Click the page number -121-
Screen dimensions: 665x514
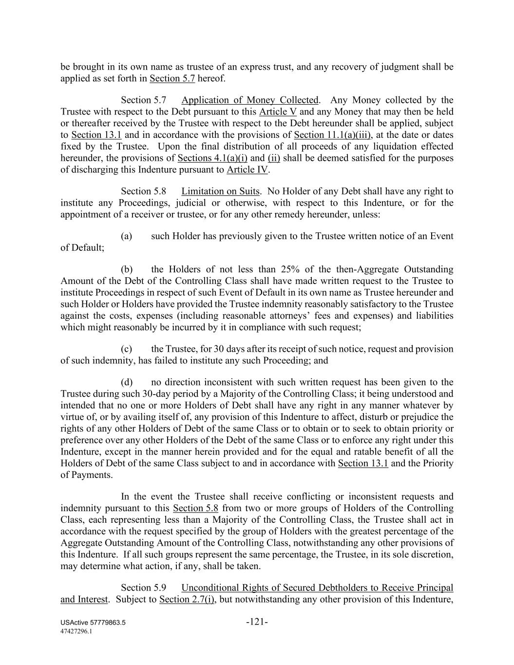[x=257, y=622]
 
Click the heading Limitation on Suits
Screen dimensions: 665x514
[x=220, y=191]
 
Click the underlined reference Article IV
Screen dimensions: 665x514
[x=247, y=170]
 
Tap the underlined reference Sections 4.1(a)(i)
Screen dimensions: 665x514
[x=213, y=158]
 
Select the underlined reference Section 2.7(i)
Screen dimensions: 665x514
[x=187, y=599]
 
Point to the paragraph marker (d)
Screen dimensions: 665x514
[x=127, y=382]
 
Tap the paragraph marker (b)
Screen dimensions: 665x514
[x=127, y=269]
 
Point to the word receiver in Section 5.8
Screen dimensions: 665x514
[x=136, y=214]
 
